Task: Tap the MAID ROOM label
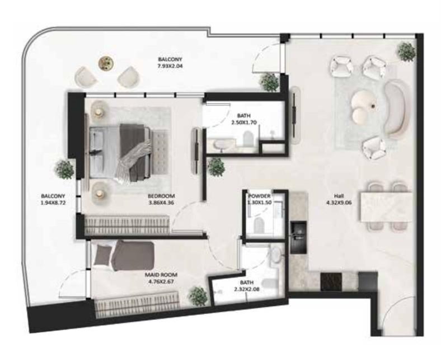161,275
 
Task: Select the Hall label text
339,196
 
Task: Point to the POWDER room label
260,196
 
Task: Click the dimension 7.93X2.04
170,66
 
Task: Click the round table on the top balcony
105,63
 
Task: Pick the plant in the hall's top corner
405,50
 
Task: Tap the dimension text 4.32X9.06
339,204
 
